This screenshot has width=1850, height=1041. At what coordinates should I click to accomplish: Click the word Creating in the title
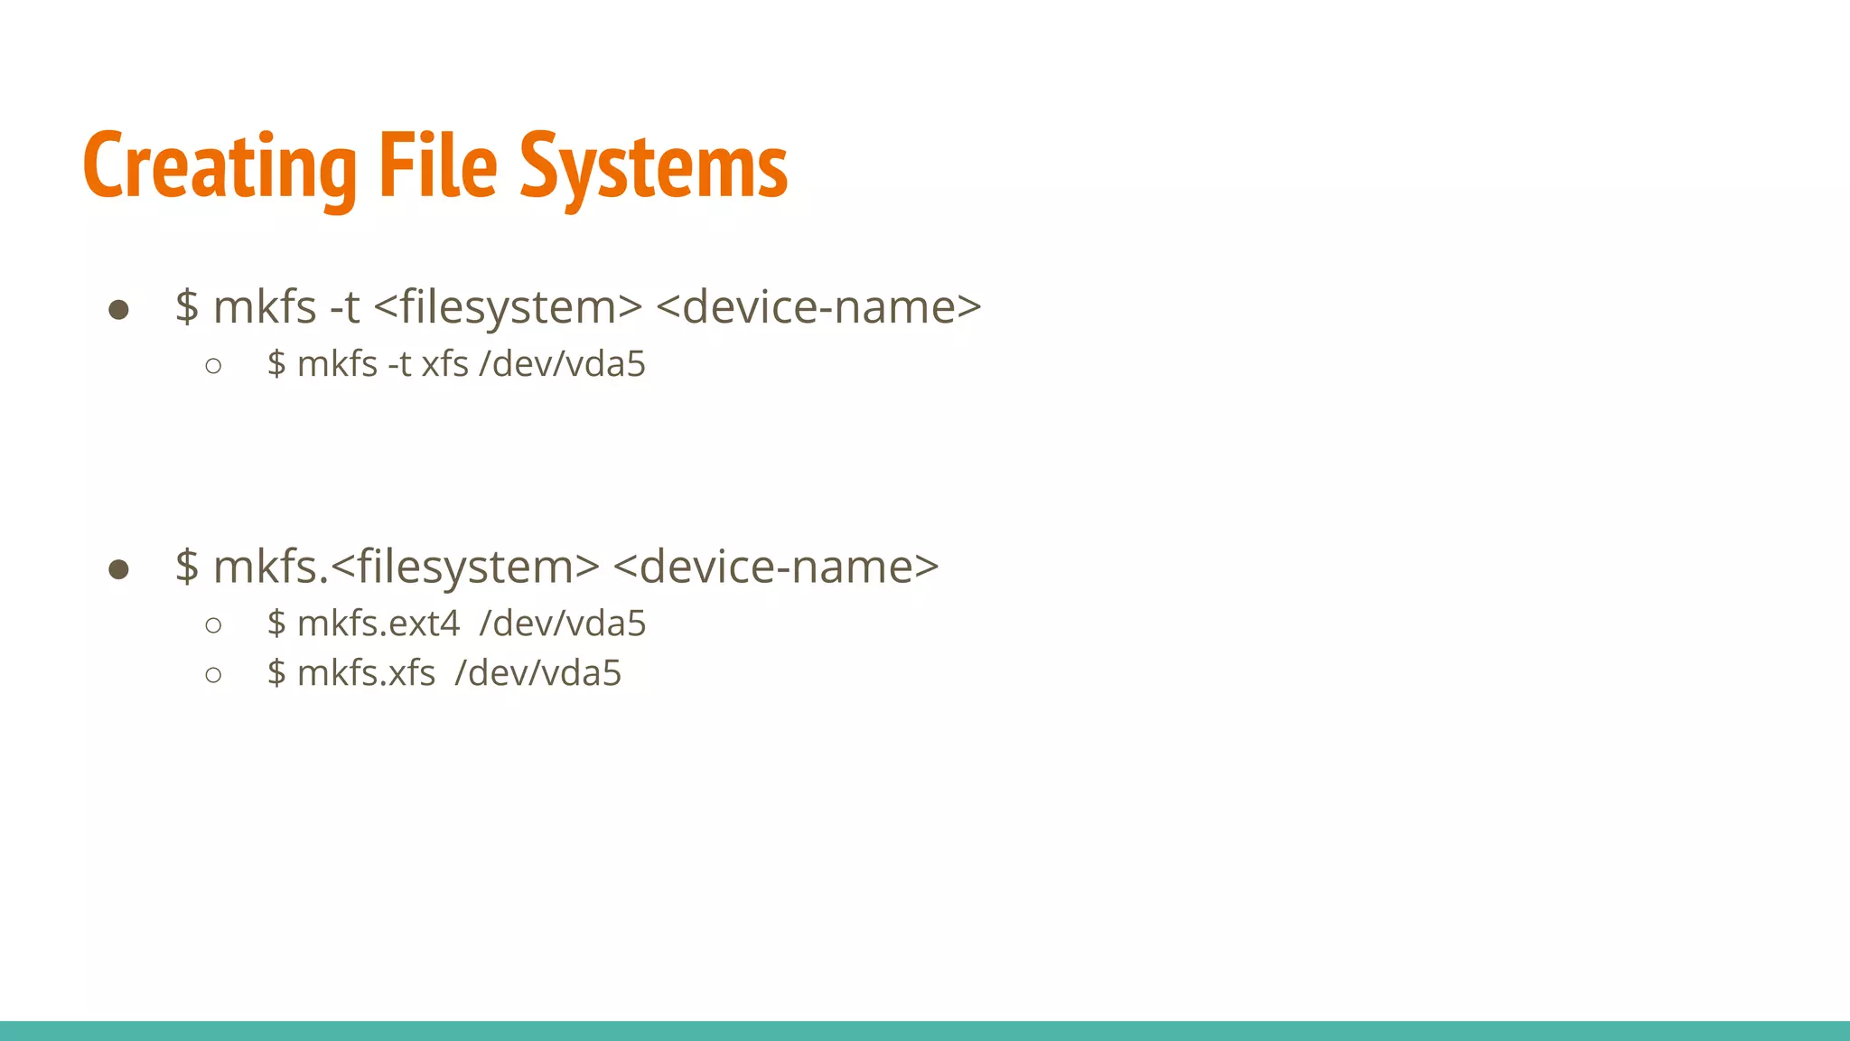[x=220, y=166]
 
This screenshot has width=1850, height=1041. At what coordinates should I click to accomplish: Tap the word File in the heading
[x=438, y=166]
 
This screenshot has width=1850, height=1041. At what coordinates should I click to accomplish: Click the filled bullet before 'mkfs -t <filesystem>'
[x=118, y=310]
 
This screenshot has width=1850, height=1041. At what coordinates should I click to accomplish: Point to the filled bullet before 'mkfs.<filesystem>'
[x=118, y=569]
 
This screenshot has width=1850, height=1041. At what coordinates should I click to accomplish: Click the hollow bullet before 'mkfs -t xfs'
[x=213, y=366]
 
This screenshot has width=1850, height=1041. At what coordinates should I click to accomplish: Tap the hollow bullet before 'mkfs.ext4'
[x=213, y=625]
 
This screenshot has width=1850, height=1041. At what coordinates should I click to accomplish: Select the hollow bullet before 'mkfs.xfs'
[x=213, y=675]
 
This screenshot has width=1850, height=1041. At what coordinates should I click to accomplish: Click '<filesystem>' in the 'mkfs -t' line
[x=508, y=307]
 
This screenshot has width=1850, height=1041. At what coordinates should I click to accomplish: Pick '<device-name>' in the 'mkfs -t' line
[x=818, y=307]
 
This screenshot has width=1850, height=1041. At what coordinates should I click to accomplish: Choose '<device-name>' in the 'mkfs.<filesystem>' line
[x=776, y=567]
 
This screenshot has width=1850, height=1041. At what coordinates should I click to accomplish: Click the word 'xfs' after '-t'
[x=444, y=364]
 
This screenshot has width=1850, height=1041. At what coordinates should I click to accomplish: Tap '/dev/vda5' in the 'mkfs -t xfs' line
[x=563, y=364]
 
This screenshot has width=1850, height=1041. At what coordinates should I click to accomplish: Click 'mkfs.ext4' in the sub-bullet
[x=378, y=624]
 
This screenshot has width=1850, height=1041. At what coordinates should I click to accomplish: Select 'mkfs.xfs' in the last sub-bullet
[x=366, y=673]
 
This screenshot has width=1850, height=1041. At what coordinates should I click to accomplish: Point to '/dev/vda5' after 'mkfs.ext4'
[x=563, y=624]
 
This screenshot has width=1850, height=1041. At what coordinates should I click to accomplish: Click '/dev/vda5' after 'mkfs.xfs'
[x=538, y=673]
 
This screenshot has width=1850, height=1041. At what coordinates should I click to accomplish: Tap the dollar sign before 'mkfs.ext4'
[x=276, y=624]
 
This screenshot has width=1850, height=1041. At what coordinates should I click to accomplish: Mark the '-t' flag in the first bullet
[x=345, y=307]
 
